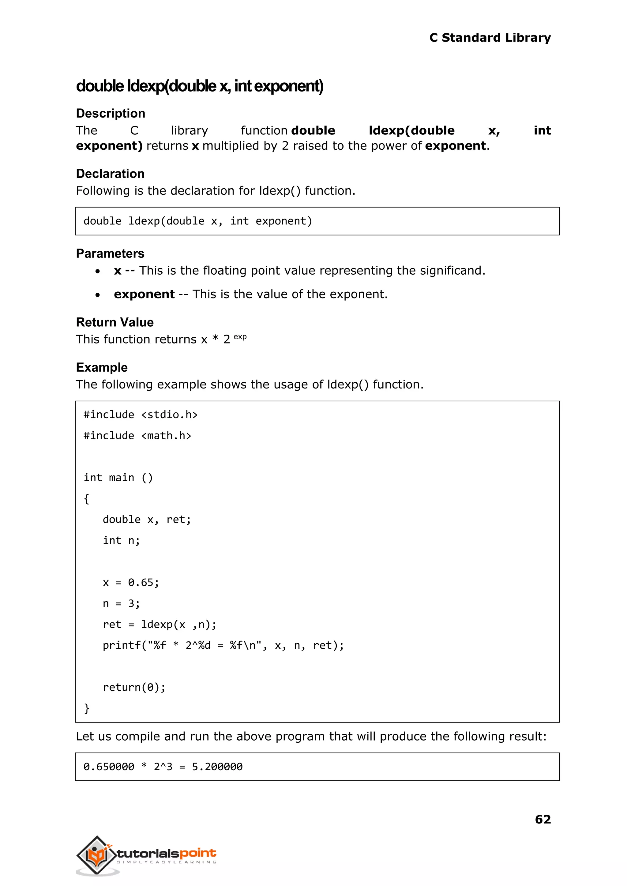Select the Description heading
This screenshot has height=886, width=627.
[x=111, y=114]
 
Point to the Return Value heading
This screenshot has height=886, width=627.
[x=115, y=322]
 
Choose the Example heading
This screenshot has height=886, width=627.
[x=102, y=367]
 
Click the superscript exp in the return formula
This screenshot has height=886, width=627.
[x=240, y=337]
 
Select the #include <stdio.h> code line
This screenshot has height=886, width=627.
[x=141, y=415]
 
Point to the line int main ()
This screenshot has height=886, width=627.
[x=118, y=478]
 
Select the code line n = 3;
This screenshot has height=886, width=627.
[x=121, y=603]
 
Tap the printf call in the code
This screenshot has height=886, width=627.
[x=223, y=645]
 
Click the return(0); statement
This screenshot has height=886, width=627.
[x=134, y=687]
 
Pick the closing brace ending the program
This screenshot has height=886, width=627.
[x=86, y=708]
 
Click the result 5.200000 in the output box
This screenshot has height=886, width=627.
[x=217, y=767]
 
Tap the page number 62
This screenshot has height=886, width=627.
[x=543, y=819]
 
